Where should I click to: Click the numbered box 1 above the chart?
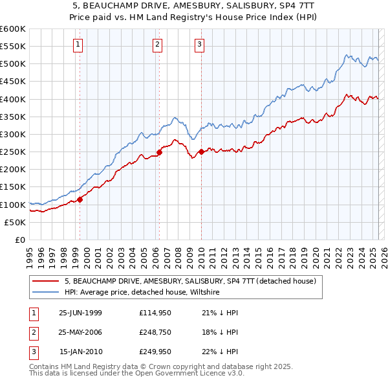[x=78, y=45]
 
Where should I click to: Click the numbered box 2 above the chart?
[x=157, y=45]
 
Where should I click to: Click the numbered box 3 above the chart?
[x=199, y=45]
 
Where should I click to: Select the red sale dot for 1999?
[x=80, y=199]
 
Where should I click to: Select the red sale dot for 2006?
[x=159, y=153]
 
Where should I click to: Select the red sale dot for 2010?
[x=201, y=152]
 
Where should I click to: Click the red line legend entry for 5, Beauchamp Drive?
[x=190, y=281]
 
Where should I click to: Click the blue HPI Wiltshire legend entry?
[x=142, y=293]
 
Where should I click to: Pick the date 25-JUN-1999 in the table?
[x=80, y=313]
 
